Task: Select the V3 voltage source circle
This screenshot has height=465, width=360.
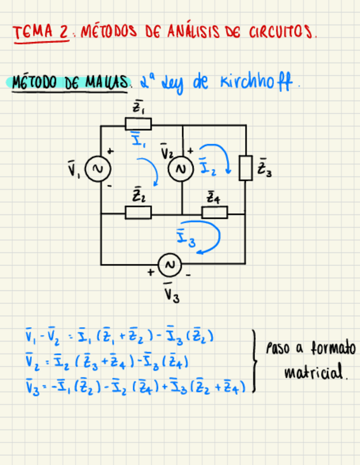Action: coord(170,265)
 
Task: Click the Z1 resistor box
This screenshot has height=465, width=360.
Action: coord(138,124)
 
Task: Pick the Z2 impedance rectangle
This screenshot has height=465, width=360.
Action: coord(138,213)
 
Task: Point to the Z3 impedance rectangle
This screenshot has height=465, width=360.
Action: coord(245,168)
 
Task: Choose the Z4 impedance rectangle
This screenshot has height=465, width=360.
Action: coord(214,213)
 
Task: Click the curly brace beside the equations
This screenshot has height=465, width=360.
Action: coord(254,360)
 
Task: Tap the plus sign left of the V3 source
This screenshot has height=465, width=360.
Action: coord(150,271)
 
